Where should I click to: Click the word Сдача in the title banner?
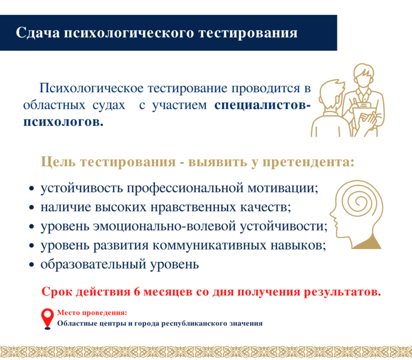pyautogui.click(x=38, y=33)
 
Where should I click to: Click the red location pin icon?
pyautogui.click(x=47, y=319)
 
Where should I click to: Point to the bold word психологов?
pyautogui.click(x=63, y=122)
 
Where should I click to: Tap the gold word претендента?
pyautogui.click(x=309, y=162)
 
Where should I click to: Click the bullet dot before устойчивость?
pyautogui.click(x=31, y=189)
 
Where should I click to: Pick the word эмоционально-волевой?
pyautogui.click(x=164, y=227)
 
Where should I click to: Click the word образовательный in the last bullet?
pyautogui.click(x=93, y=265)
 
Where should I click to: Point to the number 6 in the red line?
pyautogui.click(x=137, y=292)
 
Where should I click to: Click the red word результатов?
pyautogui.click(x=342, y=292)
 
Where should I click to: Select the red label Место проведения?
pyautogui.click(x=92, y=312)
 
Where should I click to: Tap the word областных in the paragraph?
pyautogui.click(x=54, y=105)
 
